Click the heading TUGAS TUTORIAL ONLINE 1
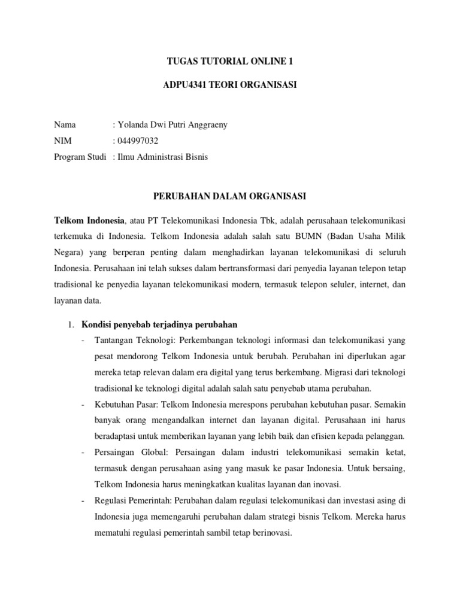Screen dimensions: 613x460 click(x=230, y=61)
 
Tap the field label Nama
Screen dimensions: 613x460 click(x=65, y=125)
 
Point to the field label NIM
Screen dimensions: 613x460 click(x=63, y=141)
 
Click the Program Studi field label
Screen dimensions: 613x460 click(x=80, y=157)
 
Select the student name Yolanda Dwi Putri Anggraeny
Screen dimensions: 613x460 click(x=172, y=125)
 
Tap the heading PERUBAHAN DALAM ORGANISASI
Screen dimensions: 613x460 click(x=230, y=196)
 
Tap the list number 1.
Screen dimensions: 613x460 click(x=69, y=324)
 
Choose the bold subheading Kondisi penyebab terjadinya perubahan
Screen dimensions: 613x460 click(x=159, y=324)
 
